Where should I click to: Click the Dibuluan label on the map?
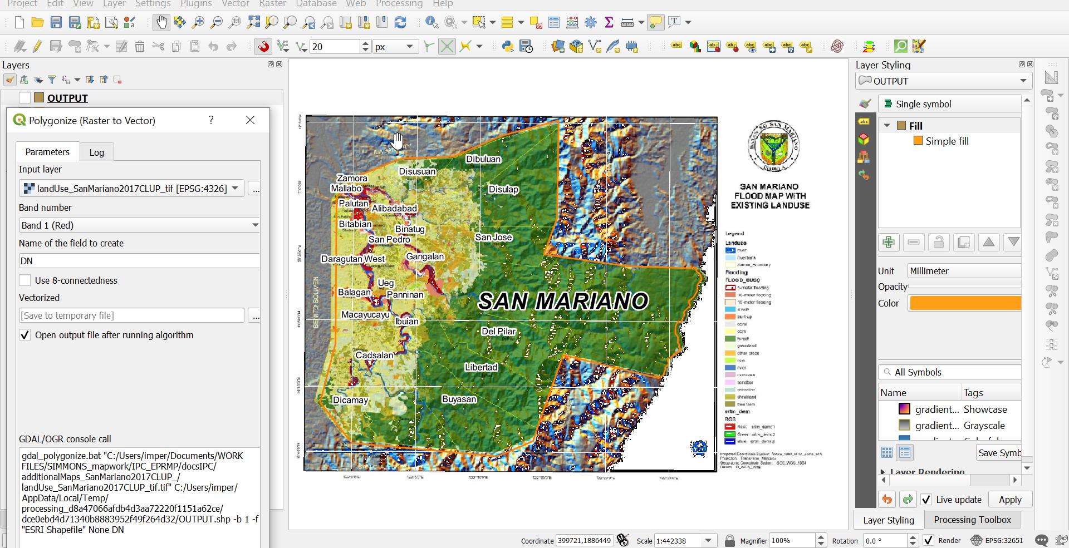[483, 159]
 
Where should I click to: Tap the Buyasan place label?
[459, 399]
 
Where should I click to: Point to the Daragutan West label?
[353, 259]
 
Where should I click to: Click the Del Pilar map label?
[498, 332]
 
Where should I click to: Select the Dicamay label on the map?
[350, 400]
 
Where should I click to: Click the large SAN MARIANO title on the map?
[563, 301]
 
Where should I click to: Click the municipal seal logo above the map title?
[773, 146]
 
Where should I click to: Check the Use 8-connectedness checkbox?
[25, 280]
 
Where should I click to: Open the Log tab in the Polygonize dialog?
[96, 152]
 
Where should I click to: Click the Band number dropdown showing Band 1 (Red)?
[139, 225]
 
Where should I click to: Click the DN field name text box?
[139, 261]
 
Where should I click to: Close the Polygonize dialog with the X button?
[251, 120]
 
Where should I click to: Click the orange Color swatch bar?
[965, 303]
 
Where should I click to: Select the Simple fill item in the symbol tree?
[947, 141]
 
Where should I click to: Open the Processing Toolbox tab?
[972, 520]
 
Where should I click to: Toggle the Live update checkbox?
[926, 500]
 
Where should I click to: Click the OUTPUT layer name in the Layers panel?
[67, 98]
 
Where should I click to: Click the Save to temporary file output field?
[131, 315]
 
